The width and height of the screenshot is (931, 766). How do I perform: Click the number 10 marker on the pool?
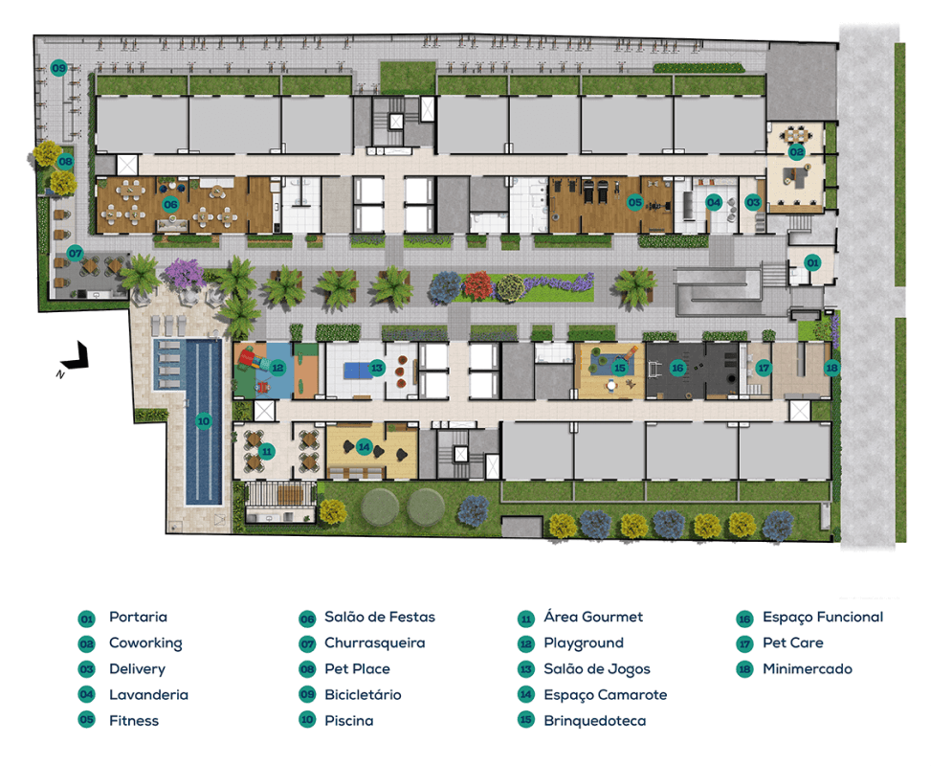[204, 421]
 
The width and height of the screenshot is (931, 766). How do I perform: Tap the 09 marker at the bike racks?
[58, 68]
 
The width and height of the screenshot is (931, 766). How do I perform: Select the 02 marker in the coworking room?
[796, 152]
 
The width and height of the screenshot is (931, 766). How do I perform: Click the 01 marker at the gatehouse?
[812, 262]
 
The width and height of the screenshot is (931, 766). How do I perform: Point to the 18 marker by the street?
[831, 368]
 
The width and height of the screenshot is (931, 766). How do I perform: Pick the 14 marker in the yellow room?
[364, 447]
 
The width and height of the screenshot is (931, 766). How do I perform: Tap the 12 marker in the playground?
[277, 368]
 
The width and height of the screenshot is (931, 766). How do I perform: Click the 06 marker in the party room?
[170, 204]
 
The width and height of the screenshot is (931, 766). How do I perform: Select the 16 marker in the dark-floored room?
[677, 368]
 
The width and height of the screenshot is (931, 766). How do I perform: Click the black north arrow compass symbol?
[76, 356]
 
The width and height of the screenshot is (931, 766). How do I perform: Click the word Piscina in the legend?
[349, 721]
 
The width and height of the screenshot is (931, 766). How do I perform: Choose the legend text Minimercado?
[808, 669]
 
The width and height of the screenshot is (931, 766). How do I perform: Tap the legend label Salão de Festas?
[380, 617]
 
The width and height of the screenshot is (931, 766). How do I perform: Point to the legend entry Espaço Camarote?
[606, 695]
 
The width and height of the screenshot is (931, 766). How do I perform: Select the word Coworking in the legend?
[146, 643]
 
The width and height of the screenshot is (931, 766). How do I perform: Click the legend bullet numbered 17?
[744, 643]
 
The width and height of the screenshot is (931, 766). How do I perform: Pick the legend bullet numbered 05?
[87, 720]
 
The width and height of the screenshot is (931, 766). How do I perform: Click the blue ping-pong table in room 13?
[358, 371]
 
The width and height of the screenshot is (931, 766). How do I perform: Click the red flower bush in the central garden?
[478, 286]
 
